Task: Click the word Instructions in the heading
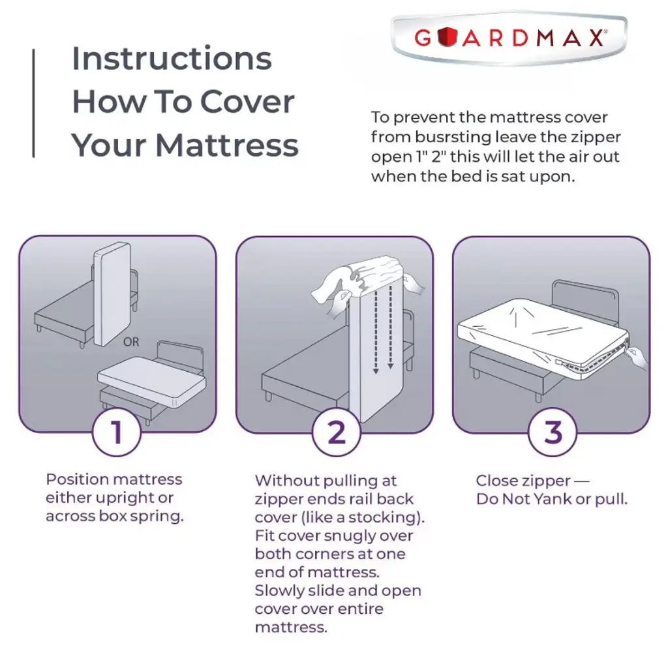172,58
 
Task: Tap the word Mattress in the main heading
227,145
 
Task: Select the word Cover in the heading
247,102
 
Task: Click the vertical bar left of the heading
34,103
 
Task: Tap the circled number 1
116,432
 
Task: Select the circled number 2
337,432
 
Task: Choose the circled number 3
553,432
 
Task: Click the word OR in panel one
131,342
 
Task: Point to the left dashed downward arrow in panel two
376,329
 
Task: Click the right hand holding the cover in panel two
412,284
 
